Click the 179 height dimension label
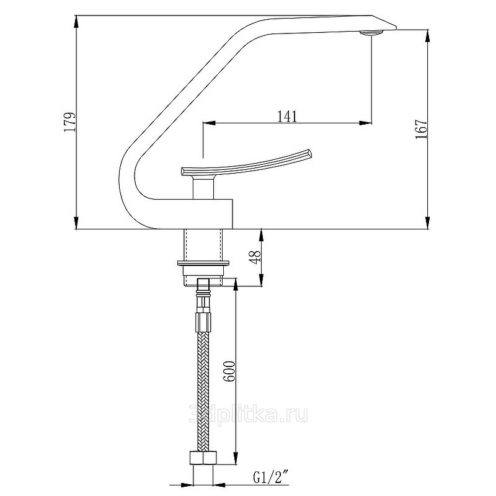coord(70,122)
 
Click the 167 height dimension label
coord(421,129)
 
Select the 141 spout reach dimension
coord(287,116)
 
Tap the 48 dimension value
coord(255,255)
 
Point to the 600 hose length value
coord(230,371)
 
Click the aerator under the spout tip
coord(371,33)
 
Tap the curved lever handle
coord(246,162)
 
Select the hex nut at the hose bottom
coord(203,458)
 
